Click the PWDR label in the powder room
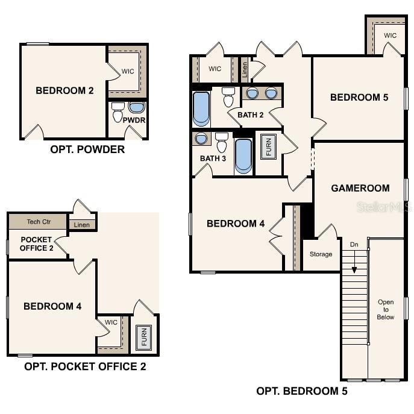point(134,120)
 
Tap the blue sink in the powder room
point(137,107)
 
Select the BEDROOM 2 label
point(64,91)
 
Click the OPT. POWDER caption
point(87,149)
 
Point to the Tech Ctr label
point(39,222)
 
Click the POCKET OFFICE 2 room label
point(36,243)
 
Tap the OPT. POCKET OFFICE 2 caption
point(85,366)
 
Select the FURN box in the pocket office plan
point(143,337)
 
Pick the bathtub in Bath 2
point(201,108)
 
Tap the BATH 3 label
point(213,158)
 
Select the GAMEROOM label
point(360,188)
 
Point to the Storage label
point(321,254)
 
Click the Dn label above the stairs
point(354,244)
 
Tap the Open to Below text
point(386,309)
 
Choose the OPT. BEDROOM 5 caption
point(302,391)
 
